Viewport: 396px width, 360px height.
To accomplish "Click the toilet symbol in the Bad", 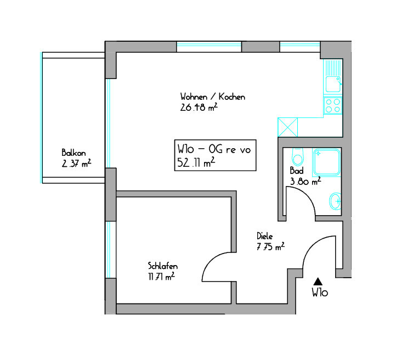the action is pos(297,156).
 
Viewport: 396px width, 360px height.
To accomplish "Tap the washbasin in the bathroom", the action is pos(335,201).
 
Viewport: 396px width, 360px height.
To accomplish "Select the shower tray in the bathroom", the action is pos(327,162).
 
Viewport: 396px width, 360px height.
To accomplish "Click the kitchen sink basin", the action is pos(333,84).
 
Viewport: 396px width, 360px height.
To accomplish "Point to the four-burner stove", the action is pos(333,105).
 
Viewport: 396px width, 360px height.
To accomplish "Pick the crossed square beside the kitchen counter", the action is pos(287,127).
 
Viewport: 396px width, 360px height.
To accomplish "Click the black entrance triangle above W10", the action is pos(318,282).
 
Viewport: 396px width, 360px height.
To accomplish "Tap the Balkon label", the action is pos(73,153).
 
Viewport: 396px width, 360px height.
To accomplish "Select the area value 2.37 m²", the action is pos(76,164).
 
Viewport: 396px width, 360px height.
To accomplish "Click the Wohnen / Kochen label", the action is pos(213,97).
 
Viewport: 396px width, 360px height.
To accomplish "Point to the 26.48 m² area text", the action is pos(199,108).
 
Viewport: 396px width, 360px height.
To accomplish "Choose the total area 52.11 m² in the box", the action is pos(196,162).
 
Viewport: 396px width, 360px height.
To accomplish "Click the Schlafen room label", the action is pos(163,266).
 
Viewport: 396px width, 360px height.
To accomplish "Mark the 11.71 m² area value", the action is pos(161,277).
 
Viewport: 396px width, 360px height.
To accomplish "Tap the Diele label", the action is pos(265,236).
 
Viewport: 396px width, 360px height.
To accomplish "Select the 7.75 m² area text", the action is pos(270,246).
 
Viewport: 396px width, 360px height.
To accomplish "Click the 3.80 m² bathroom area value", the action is pos(306,181).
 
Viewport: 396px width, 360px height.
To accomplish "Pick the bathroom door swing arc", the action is pos(307,195).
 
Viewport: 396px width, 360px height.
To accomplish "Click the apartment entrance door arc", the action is pos(312,246).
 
